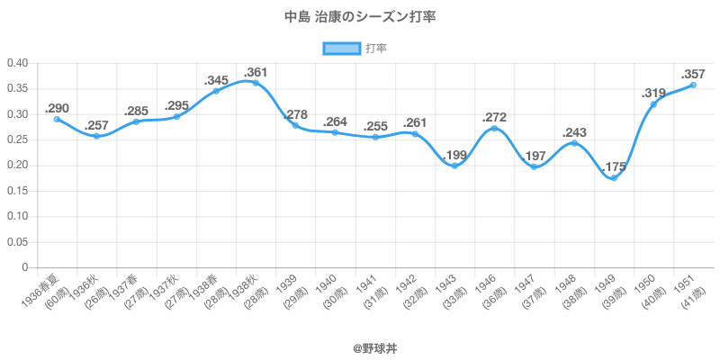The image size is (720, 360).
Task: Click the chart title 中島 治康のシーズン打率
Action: (x=360, y=17)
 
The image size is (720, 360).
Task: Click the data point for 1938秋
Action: (x=256, y=83)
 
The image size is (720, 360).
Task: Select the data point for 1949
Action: (x=614, y=178)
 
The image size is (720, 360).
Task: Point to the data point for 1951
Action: (x=693, y=85)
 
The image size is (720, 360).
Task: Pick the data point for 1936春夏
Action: (x=57, y=119)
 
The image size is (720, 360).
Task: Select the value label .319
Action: (x=653, y=93)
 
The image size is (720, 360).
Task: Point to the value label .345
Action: (x=216, y=79)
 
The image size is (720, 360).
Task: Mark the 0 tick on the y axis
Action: (x=24, y=268)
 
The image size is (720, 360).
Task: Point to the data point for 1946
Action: (x=494, y=129)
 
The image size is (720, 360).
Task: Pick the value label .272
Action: (x=494, y=117)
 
